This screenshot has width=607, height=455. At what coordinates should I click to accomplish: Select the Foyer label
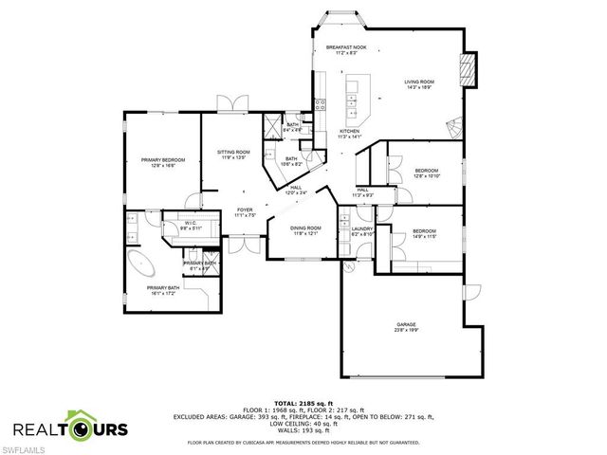pos(245,211)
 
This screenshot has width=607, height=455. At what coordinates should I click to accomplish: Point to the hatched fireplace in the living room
pos(466,67)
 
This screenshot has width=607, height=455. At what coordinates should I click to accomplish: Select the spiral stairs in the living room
pos(457,125)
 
